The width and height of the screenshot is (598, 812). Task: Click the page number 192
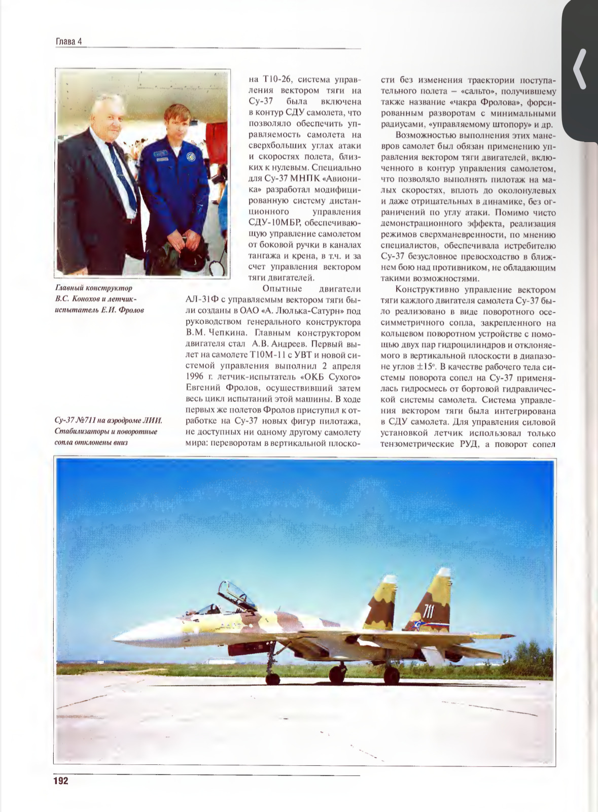[x=61, y=781]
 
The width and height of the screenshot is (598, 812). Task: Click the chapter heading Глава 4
[x=68, y=42]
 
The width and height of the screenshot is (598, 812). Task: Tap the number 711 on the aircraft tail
[x=429, y=611]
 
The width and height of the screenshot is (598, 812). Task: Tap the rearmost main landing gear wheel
[x=391, y=675]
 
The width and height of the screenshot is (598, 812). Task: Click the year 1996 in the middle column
[x=197, y=377]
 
